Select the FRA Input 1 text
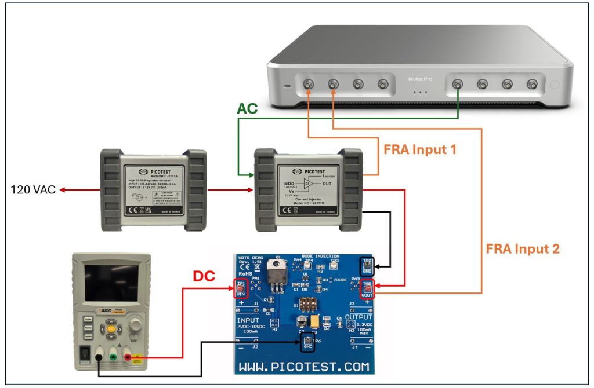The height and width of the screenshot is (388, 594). pyautogui.click(x=419, y=149)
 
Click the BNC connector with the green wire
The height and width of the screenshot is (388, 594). pyautogui.click(x=458, y=85)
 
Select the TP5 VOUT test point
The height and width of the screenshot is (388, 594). pyautogui.click(x=367, y=288)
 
